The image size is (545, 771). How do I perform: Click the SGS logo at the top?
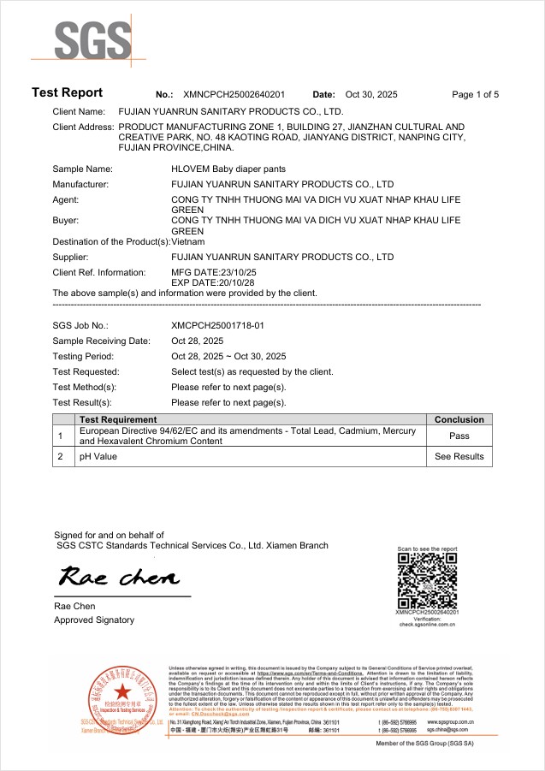coord(93,40)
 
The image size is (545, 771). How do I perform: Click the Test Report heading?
coord(67,92)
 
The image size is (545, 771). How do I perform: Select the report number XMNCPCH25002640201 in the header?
coord(234,94)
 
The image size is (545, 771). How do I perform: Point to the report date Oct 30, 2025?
coord(371,94)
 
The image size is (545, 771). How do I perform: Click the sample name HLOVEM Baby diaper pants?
coord(228,169)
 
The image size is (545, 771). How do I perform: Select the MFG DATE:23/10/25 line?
coord(214,272)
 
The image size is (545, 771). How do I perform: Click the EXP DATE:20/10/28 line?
coord(214,282)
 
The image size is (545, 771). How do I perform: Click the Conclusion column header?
coord(459,419)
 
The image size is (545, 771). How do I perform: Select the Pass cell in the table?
coord(459,436)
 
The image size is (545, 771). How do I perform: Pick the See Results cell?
coord(459,457)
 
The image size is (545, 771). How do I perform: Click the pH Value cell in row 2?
coord(98,457)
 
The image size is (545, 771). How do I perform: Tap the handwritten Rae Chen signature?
coord(119,577)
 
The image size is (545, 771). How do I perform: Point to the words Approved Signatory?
coord(93,620)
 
